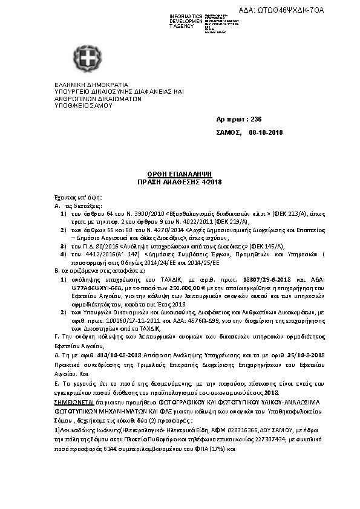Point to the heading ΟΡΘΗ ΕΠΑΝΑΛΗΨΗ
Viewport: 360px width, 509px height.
tap(180, 173)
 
